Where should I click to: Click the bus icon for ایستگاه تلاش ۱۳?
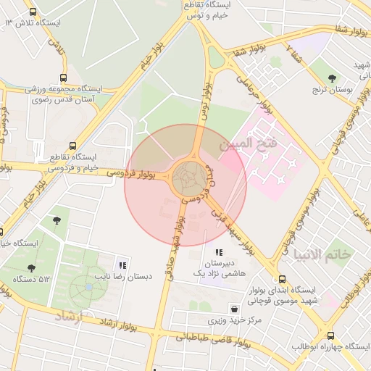tap(33, 12)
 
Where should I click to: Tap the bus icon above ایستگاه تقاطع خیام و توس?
tap(214, 3)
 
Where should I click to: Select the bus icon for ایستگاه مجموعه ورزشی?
tap(64, 78)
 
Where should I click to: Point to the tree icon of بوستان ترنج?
tap(333, 78)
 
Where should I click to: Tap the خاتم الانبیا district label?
tap(322, 254)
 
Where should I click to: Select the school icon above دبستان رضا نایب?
tap(122, 265)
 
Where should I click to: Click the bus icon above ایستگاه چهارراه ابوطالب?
tap(331, 335)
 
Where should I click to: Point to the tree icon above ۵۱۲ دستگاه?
tap(31, 268)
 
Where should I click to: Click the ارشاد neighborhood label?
tap(70, 316)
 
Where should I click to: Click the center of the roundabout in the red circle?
tap(185, 178)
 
